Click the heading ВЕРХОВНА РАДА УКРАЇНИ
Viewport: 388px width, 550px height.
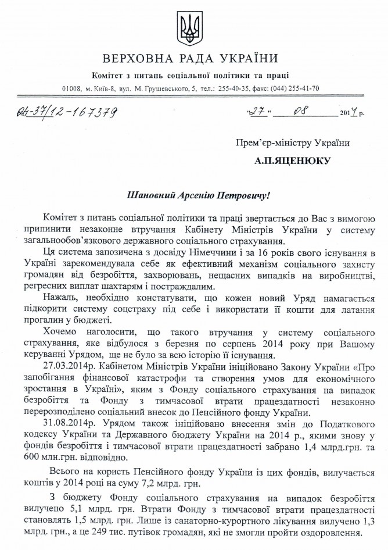[x=189, y=59]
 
